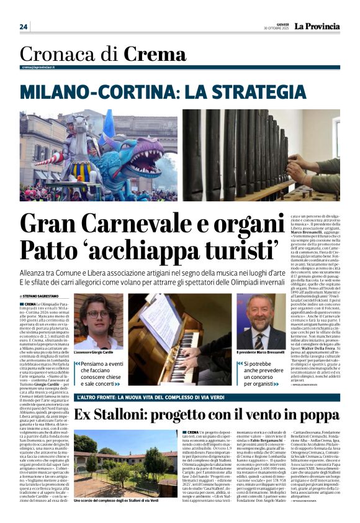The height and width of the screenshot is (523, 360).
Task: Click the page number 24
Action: (x=24, y=27)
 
